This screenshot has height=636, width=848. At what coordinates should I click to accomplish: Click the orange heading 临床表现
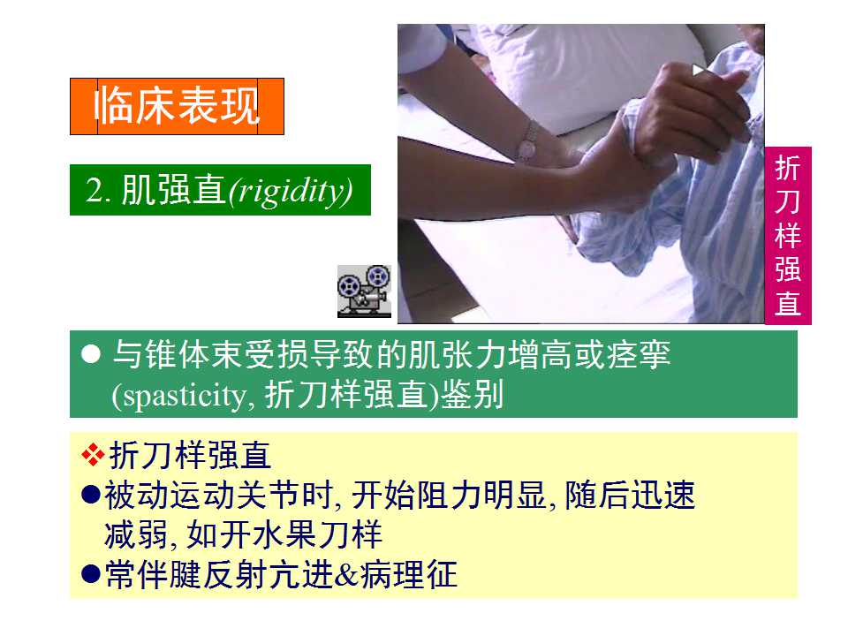coord(177,106)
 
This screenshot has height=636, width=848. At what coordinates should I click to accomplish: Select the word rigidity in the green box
coord(291,191)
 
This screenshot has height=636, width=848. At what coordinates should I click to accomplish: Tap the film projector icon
coord(364,291)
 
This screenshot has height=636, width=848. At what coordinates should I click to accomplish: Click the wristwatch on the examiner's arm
coord(527,142)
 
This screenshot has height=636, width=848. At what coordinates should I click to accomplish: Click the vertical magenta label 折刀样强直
coord(788,235)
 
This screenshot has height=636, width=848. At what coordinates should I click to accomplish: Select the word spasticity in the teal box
coord(185,397)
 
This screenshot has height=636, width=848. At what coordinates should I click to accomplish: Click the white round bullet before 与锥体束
coord(91,354)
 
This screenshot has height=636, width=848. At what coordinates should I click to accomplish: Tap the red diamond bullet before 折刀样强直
coord(93,454)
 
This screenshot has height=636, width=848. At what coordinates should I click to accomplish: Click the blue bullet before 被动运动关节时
coord(91,495)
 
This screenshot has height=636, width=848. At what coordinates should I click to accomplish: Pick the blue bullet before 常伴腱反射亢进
coord(91,574)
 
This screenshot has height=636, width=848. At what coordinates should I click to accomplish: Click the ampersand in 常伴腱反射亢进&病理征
coord(346,575)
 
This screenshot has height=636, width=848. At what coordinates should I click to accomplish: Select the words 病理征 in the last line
coord(408,574)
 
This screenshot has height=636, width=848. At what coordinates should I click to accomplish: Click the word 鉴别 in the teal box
coord(473,394)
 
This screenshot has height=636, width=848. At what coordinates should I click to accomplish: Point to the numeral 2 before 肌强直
coord(94,191)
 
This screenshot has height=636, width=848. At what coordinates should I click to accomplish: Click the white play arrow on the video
coord(698,70)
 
